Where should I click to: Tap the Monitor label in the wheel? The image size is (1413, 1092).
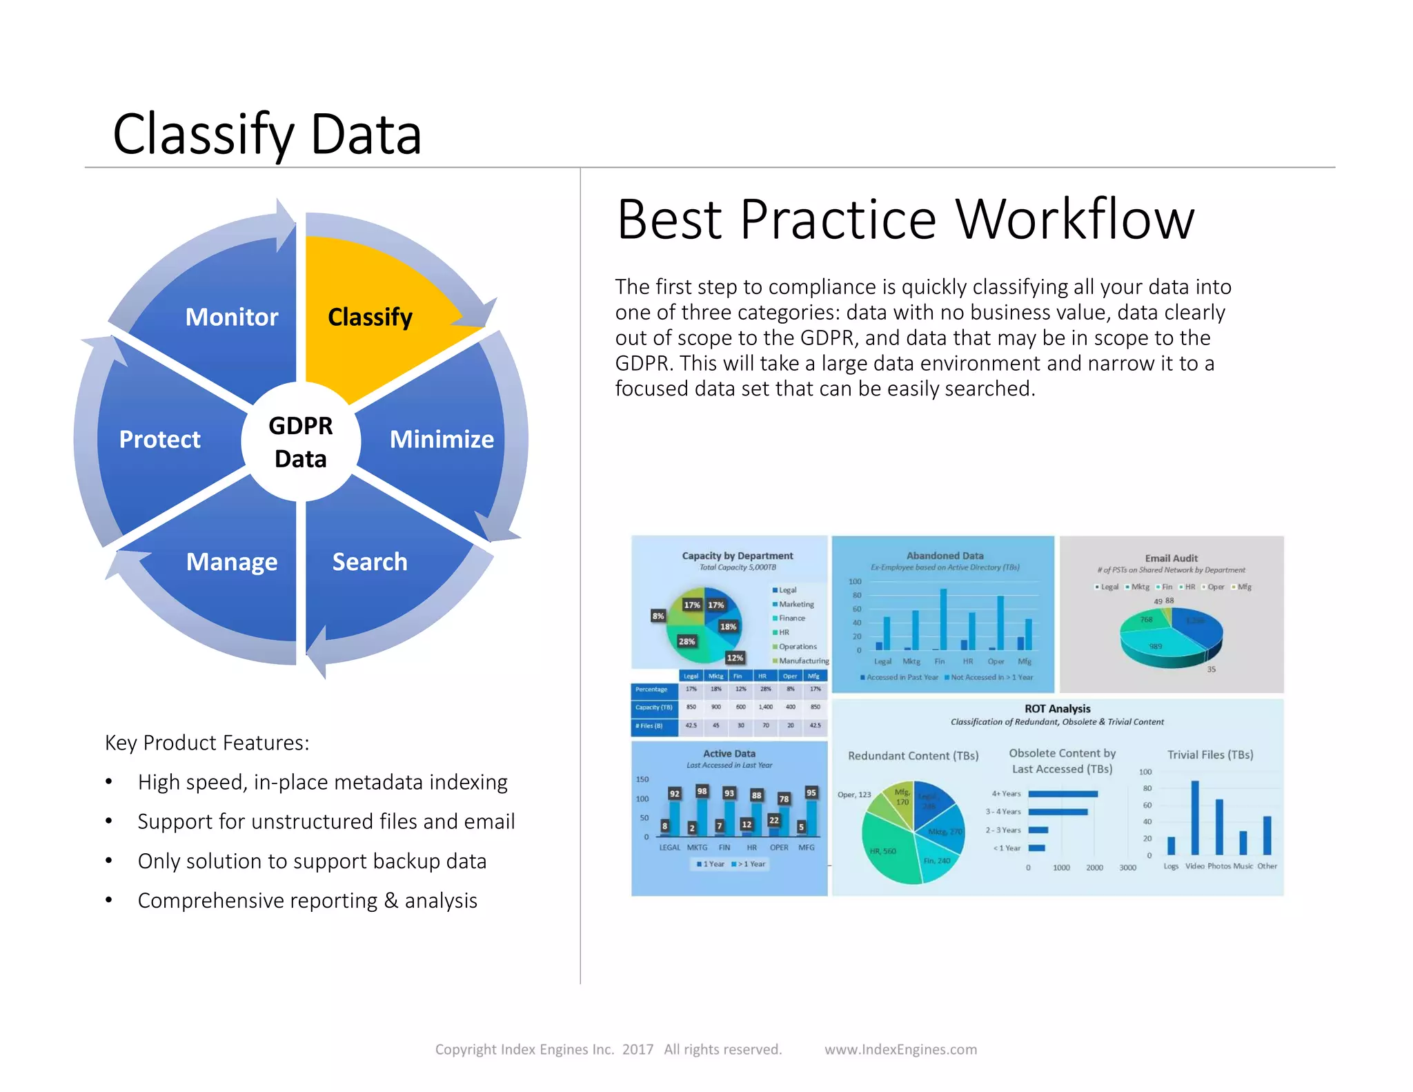[232, 318]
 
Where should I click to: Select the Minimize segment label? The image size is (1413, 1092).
[442, 440]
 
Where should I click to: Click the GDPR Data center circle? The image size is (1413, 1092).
[301, 442]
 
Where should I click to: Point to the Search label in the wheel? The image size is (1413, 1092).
[370, 562]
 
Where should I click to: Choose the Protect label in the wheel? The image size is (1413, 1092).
[159, 440]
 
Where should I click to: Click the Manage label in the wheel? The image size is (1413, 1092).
[232, 562]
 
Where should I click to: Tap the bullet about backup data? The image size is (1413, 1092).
[312, 861]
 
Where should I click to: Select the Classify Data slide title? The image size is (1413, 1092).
[267, 134]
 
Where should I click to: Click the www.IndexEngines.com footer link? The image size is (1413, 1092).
[900, 1049]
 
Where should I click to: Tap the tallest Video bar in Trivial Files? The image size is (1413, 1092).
[1194, 818]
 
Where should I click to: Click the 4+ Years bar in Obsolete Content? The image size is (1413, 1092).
[1063, 794]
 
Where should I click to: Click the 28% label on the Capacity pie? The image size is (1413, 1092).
[686, 641]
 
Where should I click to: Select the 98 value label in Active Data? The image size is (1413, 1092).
[702, 791]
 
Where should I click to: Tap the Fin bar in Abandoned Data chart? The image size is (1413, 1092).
[943, 619]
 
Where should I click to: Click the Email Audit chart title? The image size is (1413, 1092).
[1171, 558]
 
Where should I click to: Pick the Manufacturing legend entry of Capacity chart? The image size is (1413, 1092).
[803, 661]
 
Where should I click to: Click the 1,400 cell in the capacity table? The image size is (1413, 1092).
[765, 707]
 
